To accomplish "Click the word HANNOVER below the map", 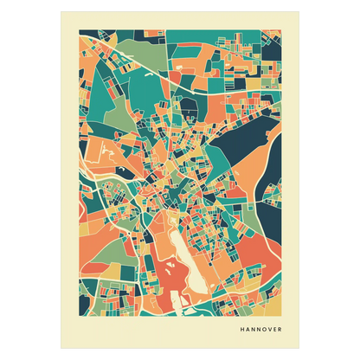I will [267, 329].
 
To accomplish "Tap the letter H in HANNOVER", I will [242, 329].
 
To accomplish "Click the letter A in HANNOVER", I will [249, 329].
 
